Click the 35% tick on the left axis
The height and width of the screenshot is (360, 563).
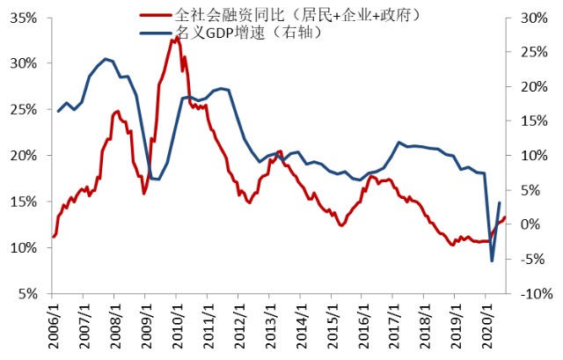pos(25,17)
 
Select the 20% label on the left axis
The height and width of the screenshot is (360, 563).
pos(25,156)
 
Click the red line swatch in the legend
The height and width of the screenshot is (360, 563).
pos(156,15)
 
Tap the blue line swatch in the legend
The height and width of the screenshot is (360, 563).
pos(156,33)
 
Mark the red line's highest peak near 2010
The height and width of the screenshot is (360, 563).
pos(177,38)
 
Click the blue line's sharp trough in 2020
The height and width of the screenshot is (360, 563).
pos(492,261)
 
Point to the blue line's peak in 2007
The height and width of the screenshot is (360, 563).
pos(106,59)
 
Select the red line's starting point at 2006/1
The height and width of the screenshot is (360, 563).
pos(54,237)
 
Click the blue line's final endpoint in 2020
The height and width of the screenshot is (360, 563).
pos(500,203)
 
